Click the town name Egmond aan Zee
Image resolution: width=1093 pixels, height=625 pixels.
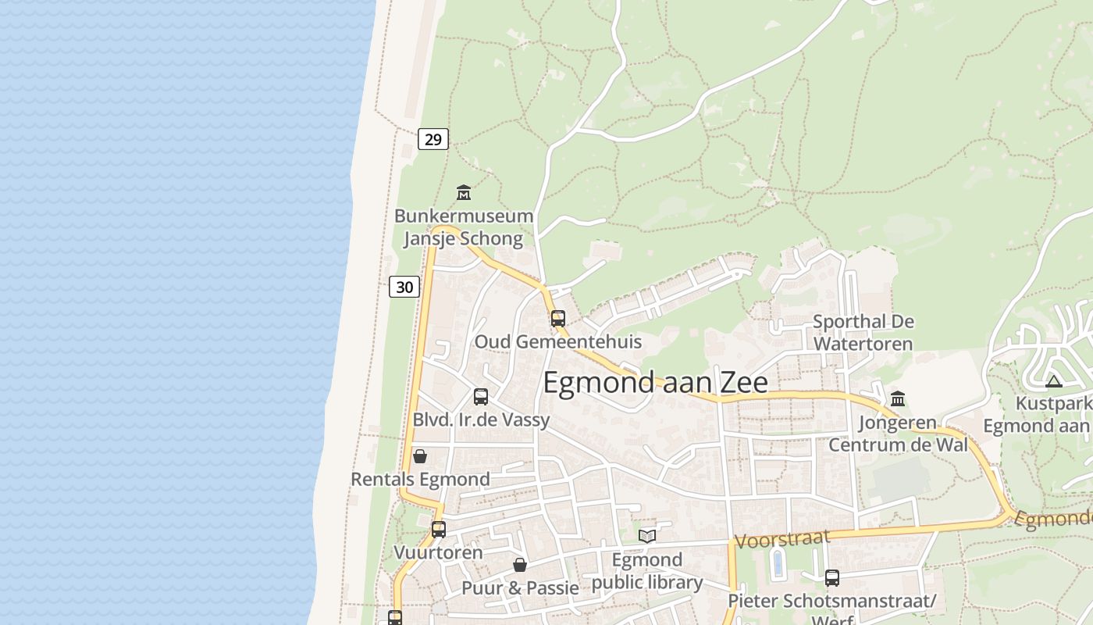pyautogui.click(x=655, y=383)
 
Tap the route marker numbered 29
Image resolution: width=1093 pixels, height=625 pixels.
pyautogui.click(x=433, y=140)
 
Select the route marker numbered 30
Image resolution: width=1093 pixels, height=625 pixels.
pyautogui.click(x=404, y=287)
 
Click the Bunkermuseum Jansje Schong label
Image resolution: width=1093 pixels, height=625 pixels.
pyautogui.click(x=463, y=227)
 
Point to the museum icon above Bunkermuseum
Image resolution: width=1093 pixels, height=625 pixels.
pyautogui.click(x=464, y=191)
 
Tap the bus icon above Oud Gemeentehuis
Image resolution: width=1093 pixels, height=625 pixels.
pyautogui.click(x=557, y=318)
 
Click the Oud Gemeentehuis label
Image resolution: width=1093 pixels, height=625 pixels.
pyautogui.click(x=557, y=341)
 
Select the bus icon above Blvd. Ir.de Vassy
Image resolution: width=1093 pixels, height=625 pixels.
pyautogui.click(x=481, y=396)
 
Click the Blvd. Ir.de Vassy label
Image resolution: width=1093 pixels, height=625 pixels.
pyautogui.click(x=481, y=420)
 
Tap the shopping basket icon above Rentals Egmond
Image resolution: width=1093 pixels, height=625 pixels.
pyautogui.click(x=420, y=456)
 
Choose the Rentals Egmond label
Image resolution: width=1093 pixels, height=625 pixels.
pyautogui.click(x=420, y=479)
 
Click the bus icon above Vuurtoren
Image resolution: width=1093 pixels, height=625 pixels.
pyautogui.click(x=439, y=530)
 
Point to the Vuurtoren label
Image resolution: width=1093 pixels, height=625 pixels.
pyautogui.click(x=438, y=552)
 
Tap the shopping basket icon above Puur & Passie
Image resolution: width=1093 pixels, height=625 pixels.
pyautogui.click(x=520, y=565)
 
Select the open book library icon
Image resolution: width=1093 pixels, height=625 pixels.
pyautogui.click(x=647, y=536)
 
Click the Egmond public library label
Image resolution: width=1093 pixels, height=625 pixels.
pyautogui.click(x=647, y=571)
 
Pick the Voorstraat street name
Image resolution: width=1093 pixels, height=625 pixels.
pyautogui.click(x=782, y=539)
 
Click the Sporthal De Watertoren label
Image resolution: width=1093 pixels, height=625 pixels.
pyautogui.click(x=863, y=332)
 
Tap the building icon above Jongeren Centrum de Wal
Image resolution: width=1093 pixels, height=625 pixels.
pyautogui.click(x=898, y=399)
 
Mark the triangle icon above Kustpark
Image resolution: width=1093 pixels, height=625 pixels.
pyautogui.click(x=1054, y=382)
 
